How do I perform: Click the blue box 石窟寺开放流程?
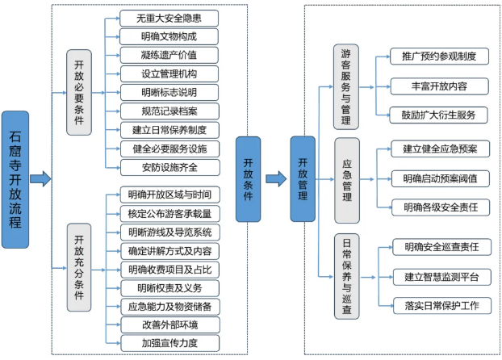point(17,178)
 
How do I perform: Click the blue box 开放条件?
point(250,178)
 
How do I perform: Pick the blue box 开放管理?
point(303,178)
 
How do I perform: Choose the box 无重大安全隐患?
point(169,17)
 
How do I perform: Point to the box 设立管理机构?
point(169,73)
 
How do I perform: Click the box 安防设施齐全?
point(169,167)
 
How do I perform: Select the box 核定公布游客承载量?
point(169,213)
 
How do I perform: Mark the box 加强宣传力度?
point(169,343)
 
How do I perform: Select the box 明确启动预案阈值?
point(441,178)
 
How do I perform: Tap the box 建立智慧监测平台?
point(441,277)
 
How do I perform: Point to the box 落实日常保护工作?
point(441,304)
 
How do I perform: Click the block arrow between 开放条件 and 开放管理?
point(276,178)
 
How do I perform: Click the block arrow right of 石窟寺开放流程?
point(40,178)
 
